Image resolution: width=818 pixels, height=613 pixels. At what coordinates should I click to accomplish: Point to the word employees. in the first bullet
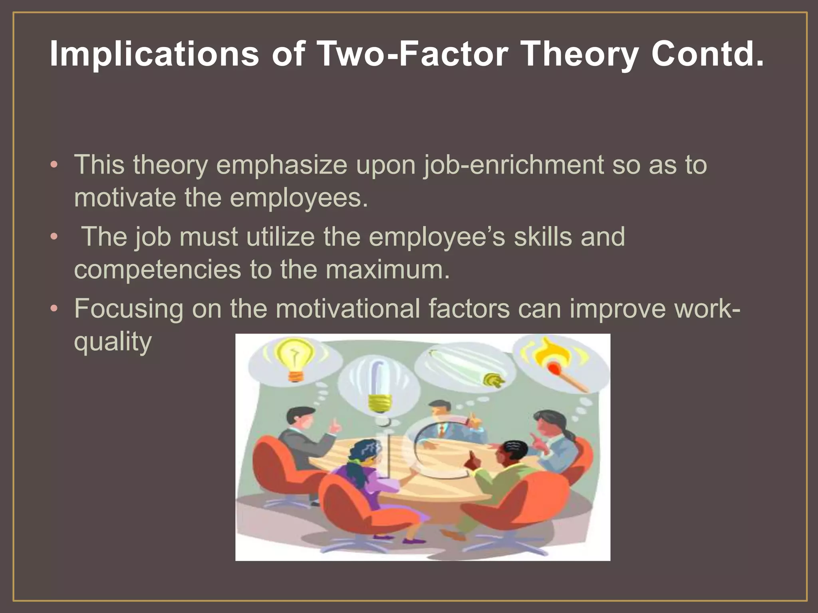299,198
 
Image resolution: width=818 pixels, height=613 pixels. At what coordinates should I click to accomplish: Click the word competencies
157,270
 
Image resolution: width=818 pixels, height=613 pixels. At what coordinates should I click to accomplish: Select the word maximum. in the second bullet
387,270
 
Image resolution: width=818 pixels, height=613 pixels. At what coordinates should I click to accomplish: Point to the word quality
113,342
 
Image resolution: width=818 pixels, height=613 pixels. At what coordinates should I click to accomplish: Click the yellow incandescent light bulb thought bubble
294,358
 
